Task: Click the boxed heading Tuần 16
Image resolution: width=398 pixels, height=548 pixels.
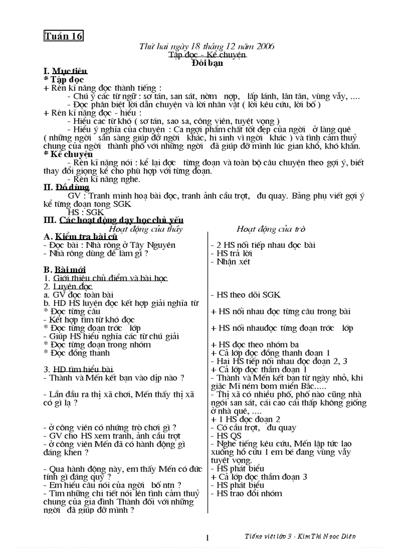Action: pyautogui.click(x=63, y=36)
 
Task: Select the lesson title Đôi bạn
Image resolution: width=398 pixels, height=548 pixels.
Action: pyautogui.click(x=207, y=63)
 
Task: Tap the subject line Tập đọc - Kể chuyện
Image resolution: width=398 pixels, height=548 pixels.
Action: pyautogui.click(x=207, y=55)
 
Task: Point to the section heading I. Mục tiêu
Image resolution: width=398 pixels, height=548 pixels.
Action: pyautogui.click(x=66, y=71)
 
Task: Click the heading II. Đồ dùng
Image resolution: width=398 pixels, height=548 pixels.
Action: pyautogui.click(x=66, y=187)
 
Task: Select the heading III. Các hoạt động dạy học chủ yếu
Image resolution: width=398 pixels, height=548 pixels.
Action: pyautogui.click(x=114, y=221)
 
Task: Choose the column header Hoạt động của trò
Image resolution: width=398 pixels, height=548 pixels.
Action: pyautogui.click(x=271, y=229)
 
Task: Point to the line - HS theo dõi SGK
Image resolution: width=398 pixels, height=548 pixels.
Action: pyautogui.click(x=245, y=295)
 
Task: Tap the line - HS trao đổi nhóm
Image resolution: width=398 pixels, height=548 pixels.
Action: pyautogui.click(x=246, y=493)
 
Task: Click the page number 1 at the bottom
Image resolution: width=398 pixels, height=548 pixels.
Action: pyautogui.click(x=207, y=538)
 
